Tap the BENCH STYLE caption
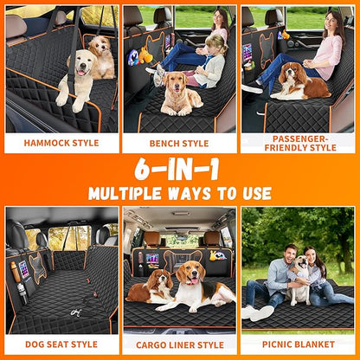tap(179, 143)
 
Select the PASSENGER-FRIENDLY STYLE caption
tap(299, 143)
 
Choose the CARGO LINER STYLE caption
tap(179, 344)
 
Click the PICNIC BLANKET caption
tap(299, 344)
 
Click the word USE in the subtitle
tap(253, 193)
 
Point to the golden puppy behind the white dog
tap(102, 54)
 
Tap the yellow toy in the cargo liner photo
tap(217, 256)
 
